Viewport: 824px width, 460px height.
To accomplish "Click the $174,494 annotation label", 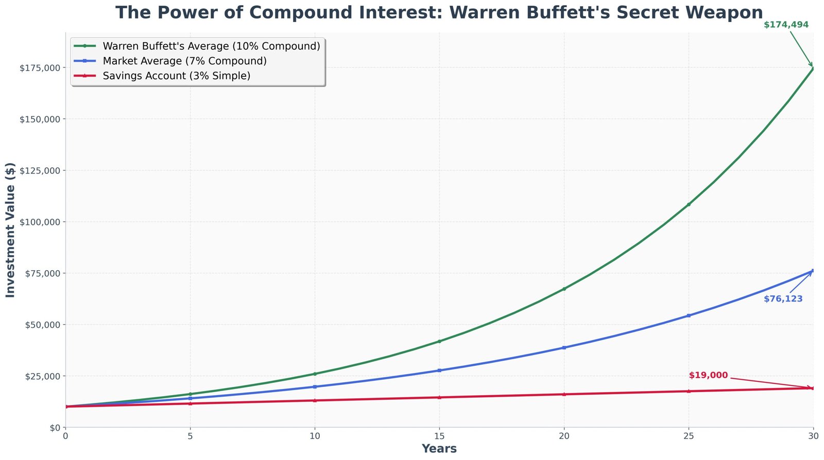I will (x=786, y=25).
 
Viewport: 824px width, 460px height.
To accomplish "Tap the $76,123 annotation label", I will (x=783, y=299).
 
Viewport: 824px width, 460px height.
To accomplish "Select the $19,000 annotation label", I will (x=708, y=376).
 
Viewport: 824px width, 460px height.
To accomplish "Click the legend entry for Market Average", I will (x=184, y=61).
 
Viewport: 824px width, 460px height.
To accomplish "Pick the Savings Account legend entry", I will (x=176, y=76).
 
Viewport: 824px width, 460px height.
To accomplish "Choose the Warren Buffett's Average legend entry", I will (x=211, y=46).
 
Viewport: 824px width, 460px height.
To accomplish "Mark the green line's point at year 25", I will (x=689, y=205).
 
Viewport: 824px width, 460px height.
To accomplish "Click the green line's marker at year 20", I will (x=564, y=289).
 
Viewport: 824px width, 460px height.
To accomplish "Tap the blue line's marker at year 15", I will (x=439, y=370).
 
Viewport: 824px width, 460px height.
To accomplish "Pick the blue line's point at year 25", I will (x=689, y=315).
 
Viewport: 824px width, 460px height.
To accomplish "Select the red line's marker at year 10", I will (x=315, y=400).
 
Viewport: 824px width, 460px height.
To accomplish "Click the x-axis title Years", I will (x=439, y=449).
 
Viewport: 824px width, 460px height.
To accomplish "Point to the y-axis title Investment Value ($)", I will (x=10, y=230).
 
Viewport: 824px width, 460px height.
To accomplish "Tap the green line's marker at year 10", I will (x=315, y=374).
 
